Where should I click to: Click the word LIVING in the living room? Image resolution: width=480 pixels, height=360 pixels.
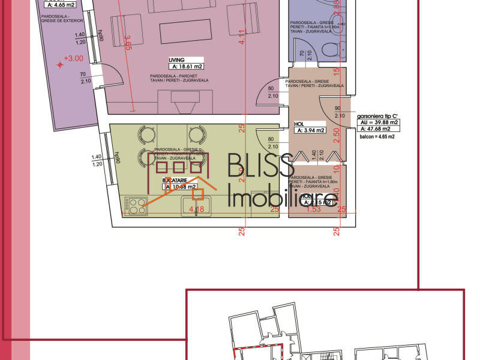point(176,60)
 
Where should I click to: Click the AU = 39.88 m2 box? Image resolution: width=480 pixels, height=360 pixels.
point(378,122)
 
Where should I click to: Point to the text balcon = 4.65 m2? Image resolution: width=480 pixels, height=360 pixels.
point(377,137)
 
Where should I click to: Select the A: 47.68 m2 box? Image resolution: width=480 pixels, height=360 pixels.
point(378,128)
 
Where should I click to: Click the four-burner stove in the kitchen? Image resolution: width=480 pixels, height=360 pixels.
point(136,206)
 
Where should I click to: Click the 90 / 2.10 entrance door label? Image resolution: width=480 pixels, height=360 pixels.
point(339,112)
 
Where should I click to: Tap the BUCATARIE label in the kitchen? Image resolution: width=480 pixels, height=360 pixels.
point(176,180)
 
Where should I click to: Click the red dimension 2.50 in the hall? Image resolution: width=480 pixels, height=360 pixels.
point(337,133)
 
